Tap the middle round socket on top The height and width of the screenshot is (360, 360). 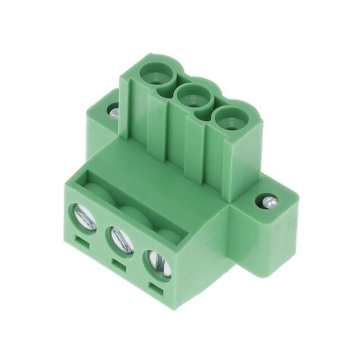191,97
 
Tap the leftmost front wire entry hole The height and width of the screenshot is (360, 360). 83,217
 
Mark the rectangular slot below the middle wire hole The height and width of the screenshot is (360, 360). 118,264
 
